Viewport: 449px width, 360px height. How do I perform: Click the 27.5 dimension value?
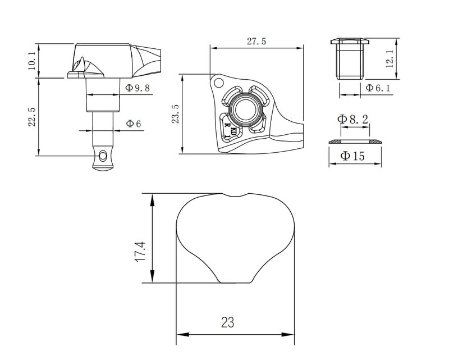point(256,41)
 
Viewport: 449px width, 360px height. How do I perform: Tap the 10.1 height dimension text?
point(31,61)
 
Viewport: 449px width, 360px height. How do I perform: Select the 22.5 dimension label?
point(31,117)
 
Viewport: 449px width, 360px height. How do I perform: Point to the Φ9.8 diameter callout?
point(137,88)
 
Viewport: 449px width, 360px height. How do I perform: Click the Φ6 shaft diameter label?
point(133,124)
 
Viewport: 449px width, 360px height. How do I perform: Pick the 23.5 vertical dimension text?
point(175,114)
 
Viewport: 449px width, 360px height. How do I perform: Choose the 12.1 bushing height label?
point(390,59)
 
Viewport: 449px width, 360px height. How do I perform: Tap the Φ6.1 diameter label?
point(378,88)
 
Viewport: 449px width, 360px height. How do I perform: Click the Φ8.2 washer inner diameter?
point(352,119)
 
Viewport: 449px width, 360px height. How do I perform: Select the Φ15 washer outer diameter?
point(352,156)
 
